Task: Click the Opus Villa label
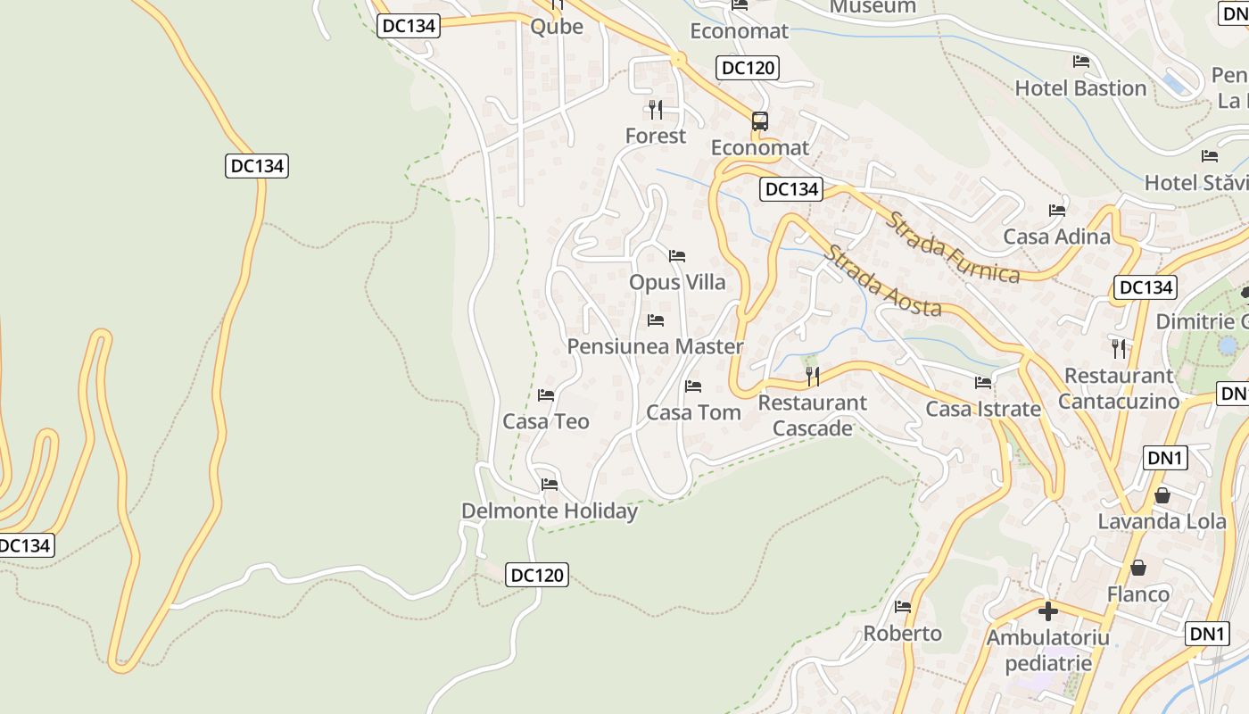pyautogui.click(x=677, y=282)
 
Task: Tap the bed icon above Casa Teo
pyautogui.click(x=546, y=394)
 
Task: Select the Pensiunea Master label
pyautogui.click(x=655, y=346)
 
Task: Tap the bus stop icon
pyautogui.click(x=759, y=120)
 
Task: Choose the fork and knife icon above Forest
pyautogui.click(x=656, y=110)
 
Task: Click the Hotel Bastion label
pyautogui.click(x=1080, y=88)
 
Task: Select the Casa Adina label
pyautogui.click(x=1056, y=237)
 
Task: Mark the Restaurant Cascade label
pyautogui.click(x=812, y=415)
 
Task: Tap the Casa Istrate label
pyautogui.click(x=983, y=409)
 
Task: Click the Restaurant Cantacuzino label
pyautogui.click(x=1119, y=388)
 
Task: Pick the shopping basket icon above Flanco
pyautogui.click(x=1138, y=568)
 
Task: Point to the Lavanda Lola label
pyautogui.click(x=1162, y=521)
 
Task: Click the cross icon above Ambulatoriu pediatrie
pyautogui.click(x=1048, y=611)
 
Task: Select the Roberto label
pyautogui.click(x=902, y=633)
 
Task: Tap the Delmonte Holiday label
pyautogui.click(x=550, y=511)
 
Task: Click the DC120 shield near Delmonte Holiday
pyautogui.click(x=537, y=575)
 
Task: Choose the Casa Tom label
pyautogui.click(x=693, y=412)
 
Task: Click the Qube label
pyautogui.click(x=557, y=26)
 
